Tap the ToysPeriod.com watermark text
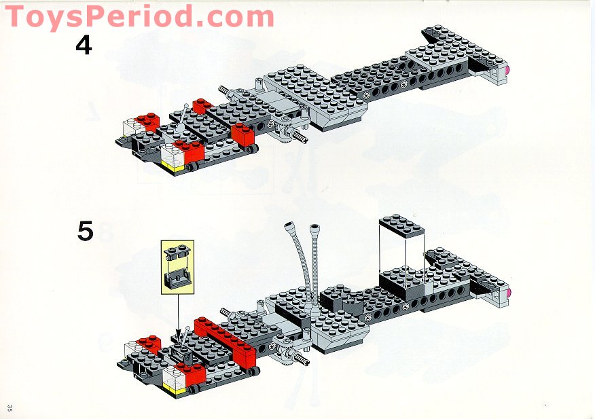tap(139, 16)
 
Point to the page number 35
tap(10, 407)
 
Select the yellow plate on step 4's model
tap(175, 166)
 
